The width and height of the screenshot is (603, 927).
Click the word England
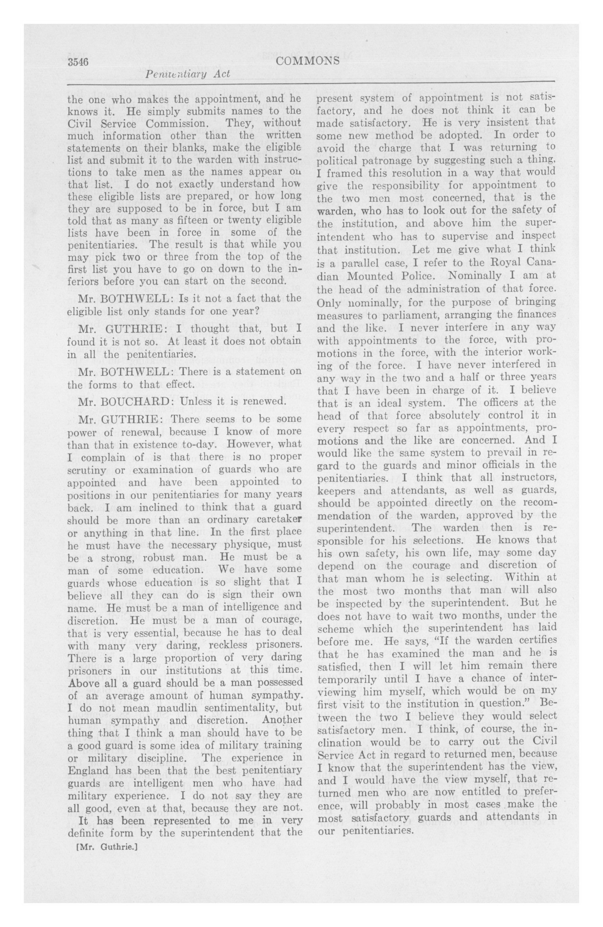[x=89, y=770]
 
